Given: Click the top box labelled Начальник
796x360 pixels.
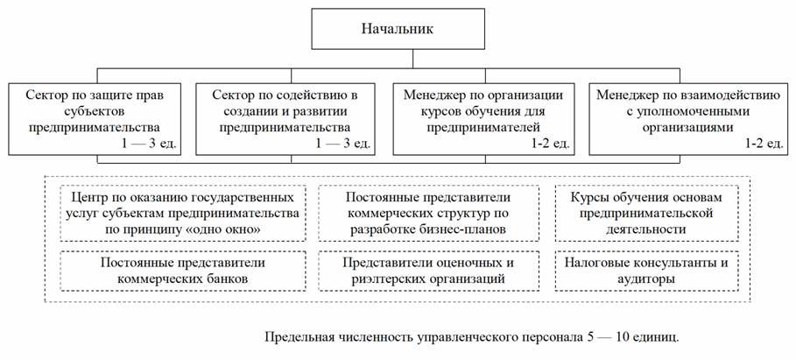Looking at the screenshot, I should click(398, 30).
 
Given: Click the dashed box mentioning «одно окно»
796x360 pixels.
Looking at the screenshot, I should click(184, 212).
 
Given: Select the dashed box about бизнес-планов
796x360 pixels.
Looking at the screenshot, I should click(429, 212).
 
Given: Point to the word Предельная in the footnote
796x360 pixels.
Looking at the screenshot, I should click(299, 335).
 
